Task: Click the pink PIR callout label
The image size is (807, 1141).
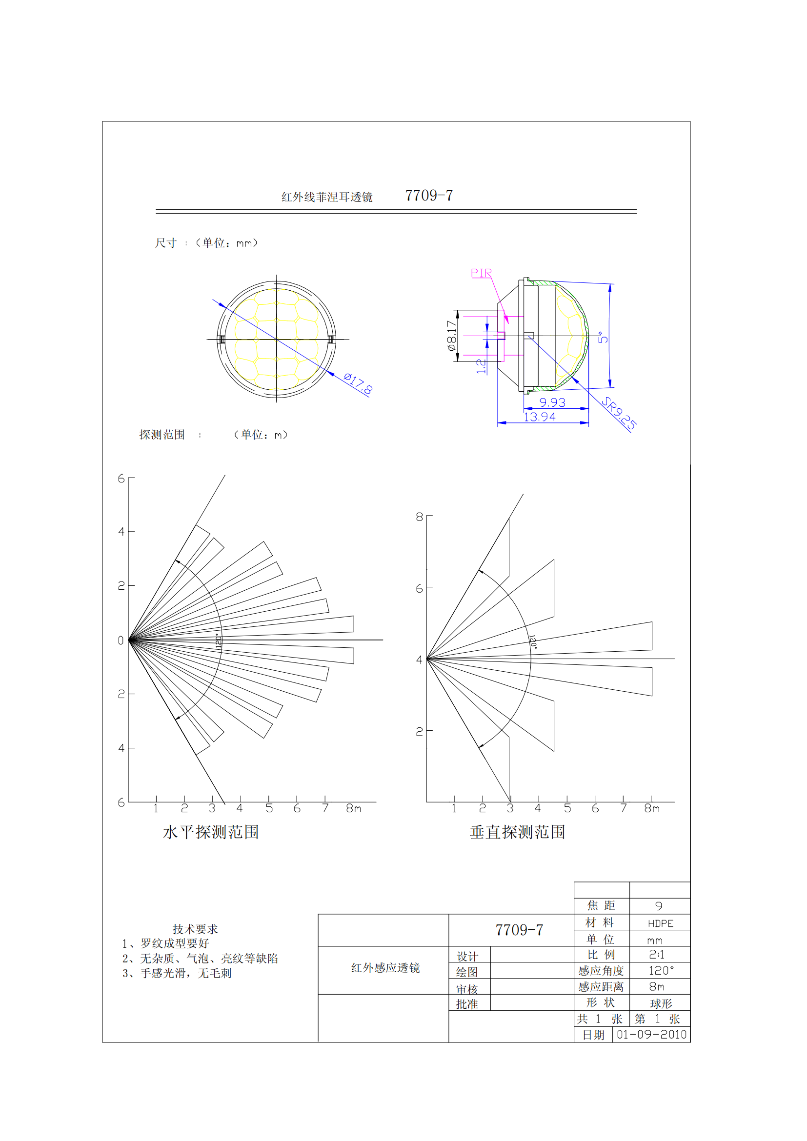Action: (481, 273)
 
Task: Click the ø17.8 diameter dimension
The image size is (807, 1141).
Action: (358, 383)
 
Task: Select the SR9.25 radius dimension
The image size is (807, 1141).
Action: (619, 413)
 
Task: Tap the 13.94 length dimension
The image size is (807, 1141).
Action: (539, 417)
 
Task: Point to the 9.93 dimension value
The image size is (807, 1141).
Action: (552, 402)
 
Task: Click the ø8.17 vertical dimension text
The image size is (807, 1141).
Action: (451, 336)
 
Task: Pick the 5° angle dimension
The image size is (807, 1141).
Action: (603, 338)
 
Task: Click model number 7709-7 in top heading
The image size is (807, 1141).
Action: (428, 196)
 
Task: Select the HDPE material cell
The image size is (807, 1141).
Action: (660, 923)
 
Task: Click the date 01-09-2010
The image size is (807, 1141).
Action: (651, 1035)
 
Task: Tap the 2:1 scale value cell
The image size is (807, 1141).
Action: (656, 955)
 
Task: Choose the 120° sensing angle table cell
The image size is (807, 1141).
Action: (661, 971)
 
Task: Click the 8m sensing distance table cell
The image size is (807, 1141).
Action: (656, 986)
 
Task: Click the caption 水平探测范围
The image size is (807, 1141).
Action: (211, 832)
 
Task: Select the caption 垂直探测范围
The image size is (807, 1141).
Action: (517, 832)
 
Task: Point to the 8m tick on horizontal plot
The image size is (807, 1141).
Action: (353, 808)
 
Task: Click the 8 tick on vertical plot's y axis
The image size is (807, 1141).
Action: (420, 517)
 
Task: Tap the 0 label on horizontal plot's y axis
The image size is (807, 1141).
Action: (121, 641)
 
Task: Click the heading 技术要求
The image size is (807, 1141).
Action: (195, 929)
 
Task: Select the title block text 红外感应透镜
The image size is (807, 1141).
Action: (385, 967)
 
